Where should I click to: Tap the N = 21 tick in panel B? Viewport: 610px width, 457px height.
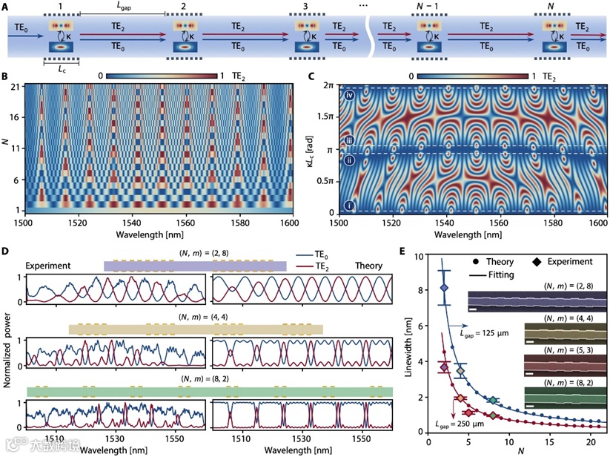pos(16,88)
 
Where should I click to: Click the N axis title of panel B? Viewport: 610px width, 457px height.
pos(6,148)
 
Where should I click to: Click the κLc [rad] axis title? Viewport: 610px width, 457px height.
pos(311,148)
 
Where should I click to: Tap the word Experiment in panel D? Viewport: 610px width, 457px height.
pos(50,264)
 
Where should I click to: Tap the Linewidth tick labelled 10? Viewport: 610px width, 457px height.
pos(420,257)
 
